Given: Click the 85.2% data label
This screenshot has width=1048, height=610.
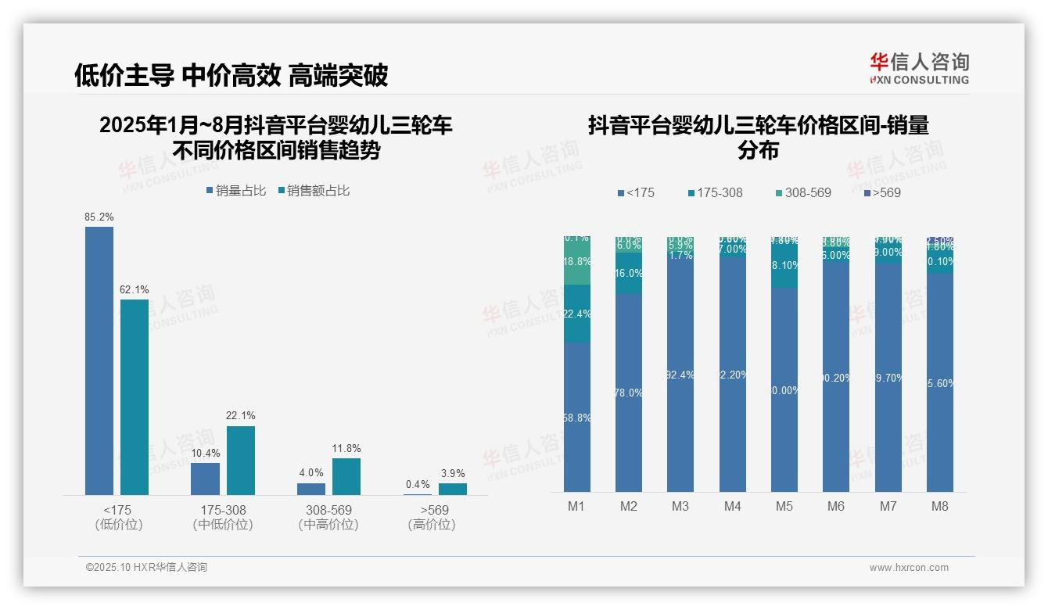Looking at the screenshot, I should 99,217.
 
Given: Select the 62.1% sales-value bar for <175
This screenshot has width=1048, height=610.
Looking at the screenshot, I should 135,396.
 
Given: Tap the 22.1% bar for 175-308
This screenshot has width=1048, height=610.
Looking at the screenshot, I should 241,460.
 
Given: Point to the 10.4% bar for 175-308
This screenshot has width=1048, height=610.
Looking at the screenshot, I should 205,479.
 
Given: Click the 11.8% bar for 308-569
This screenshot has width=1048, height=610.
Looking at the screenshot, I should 346,476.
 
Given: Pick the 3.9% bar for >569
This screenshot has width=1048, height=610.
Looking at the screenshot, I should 452,489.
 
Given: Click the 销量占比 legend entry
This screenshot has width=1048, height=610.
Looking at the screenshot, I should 235,191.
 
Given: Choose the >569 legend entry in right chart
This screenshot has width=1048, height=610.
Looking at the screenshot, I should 881,192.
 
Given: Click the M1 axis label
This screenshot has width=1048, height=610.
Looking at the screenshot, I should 576,506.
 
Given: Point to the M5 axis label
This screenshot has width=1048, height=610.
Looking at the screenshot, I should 784,506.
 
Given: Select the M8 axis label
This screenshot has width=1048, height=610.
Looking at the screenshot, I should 940,506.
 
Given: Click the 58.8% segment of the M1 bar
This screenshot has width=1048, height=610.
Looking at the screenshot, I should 576,417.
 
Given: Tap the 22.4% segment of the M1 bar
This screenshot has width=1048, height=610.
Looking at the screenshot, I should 576,314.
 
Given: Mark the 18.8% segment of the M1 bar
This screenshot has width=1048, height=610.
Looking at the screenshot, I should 576,262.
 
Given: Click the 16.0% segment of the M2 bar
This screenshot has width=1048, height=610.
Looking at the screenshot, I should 629,273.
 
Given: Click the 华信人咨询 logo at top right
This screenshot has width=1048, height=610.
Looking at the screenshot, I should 919,68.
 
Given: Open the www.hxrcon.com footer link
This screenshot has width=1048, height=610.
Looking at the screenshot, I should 909,568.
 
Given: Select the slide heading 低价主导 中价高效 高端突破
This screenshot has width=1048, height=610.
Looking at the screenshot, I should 231,75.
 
